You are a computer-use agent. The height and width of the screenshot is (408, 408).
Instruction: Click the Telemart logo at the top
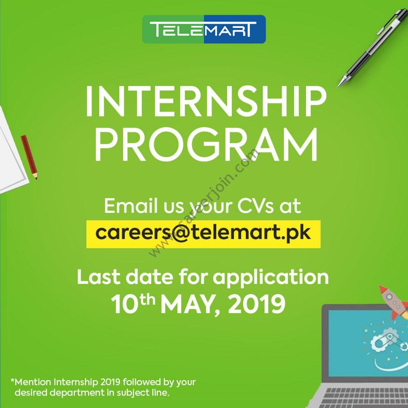pos(204,29)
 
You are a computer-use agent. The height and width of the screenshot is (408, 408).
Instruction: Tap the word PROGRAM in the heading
pos(206,145)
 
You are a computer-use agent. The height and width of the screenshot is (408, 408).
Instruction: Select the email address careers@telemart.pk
pos(203,233)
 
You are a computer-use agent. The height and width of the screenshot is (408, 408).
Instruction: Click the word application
pos(271,278)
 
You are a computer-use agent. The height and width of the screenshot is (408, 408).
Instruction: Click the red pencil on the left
pos(29,157)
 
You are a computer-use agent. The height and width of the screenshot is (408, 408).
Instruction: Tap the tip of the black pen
pos(338,86)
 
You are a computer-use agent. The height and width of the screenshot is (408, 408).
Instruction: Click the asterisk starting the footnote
pos(12,381)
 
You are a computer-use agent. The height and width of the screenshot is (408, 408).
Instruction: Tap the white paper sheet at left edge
pos(12,151)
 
